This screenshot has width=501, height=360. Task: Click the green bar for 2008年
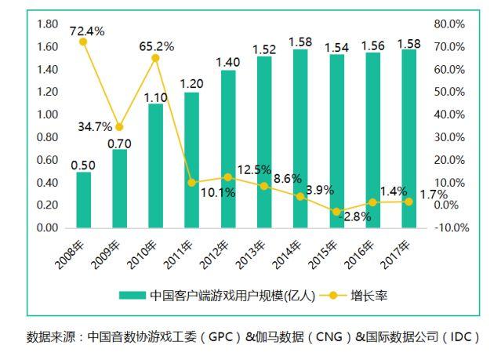coord(83,200)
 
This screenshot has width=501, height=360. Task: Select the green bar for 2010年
coord(155,165)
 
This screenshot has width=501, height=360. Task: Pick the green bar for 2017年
coord(408,139)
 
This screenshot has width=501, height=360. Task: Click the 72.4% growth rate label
coord(87,31)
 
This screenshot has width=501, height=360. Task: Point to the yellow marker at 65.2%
coord(155,58)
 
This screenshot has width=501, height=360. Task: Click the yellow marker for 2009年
coord(119,127)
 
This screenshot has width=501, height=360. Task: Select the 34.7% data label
coord(94,126)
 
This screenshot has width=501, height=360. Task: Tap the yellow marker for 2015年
coord(336,212)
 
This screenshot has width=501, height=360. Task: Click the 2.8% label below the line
coord(357,216)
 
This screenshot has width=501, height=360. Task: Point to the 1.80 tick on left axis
coord(48,24)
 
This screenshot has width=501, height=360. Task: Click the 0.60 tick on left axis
coord(48,160)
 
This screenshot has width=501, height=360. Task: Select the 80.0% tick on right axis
coord(452,24)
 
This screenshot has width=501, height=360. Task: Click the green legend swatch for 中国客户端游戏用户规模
coord(133,296)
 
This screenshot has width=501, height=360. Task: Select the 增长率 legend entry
coord(369,296)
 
